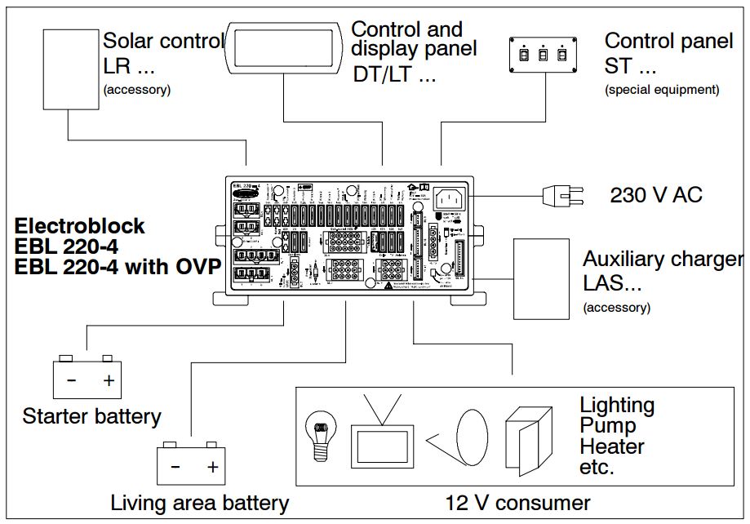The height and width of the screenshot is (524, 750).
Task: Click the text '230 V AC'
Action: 655,195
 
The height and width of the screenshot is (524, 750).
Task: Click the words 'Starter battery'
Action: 91,416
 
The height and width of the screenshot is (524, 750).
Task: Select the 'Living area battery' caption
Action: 199,503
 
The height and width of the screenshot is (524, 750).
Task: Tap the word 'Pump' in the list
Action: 607,425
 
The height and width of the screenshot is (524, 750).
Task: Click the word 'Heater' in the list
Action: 611,446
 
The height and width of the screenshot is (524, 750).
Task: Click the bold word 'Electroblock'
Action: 79,226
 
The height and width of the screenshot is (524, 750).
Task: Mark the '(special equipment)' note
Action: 662,90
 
